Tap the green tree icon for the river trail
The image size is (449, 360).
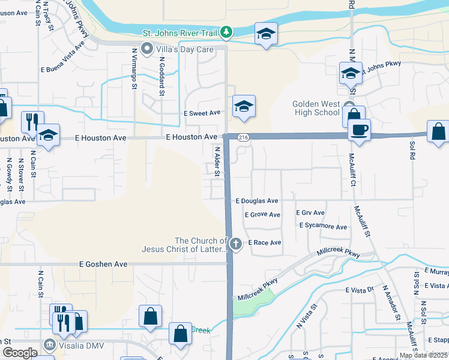[x=226, y=32]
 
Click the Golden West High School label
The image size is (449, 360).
[x=316, y=108]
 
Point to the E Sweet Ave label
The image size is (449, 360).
[x=202, y=113]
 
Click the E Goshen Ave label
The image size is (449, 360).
[x=103, y=263]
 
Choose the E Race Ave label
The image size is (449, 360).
[x=265, y=243]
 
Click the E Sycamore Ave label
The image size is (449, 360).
[x=323, y=227]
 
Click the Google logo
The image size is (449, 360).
[x=19, y=353]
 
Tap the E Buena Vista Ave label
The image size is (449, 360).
[x=62, y=57]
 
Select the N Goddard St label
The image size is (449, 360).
[x=161, y=77]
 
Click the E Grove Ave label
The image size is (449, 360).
[x=262, y=214]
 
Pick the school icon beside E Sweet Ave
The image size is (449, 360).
[x=244, y=106]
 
